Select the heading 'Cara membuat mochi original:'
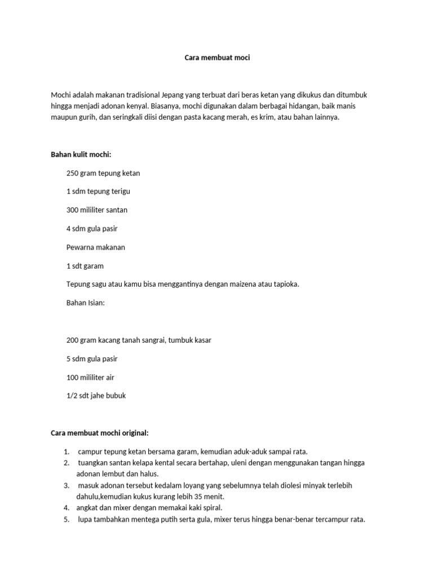100,433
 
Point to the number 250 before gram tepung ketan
73,173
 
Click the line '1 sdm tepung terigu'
98,191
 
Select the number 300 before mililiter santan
73,210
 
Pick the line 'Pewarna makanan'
96,247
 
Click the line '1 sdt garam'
85,266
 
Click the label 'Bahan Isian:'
86,303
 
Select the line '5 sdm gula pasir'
92,358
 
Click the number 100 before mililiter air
73,377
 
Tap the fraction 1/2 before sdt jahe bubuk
72,396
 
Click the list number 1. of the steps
67,452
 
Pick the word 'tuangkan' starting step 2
92,462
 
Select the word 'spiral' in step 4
208,508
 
